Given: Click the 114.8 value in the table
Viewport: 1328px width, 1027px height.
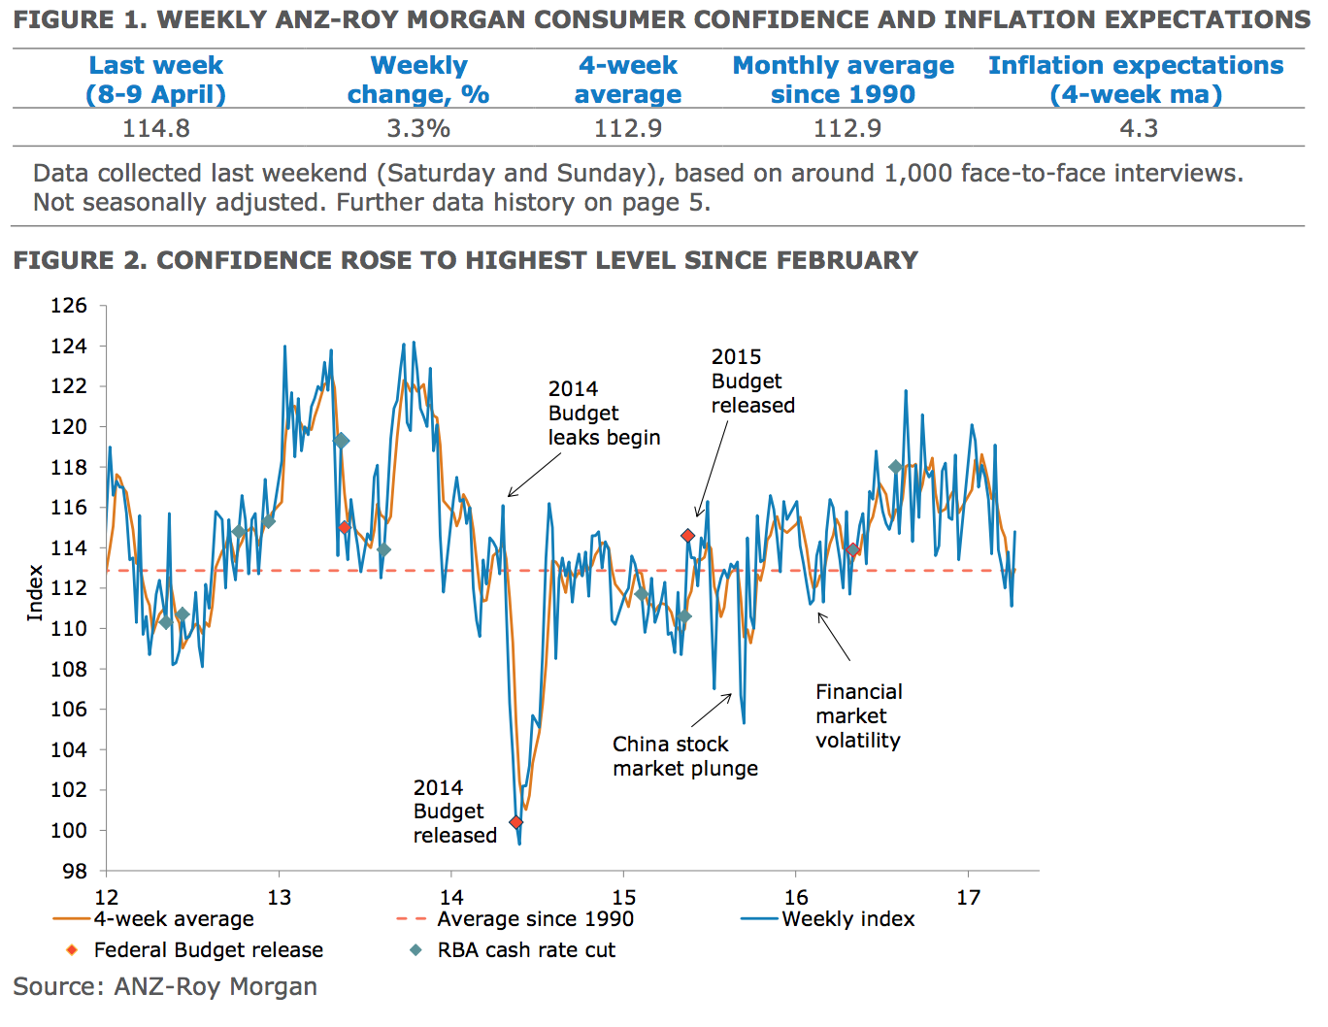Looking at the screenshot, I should tap(156, 128).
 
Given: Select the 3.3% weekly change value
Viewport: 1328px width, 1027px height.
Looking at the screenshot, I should tap(418, 128).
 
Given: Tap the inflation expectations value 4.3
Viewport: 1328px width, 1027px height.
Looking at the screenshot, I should tap(1139, 128).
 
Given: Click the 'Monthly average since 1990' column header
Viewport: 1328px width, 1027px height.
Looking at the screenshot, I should tap(843, 80).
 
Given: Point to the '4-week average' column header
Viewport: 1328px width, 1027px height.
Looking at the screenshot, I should tap(628, 80).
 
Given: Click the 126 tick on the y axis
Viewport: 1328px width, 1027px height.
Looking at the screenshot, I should tap(69, 306).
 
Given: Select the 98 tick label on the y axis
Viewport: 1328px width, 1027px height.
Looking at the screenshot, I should tap(74, 871).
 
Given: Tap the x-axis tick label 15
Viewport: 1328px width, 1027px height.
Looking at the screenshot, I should tap(624, 898).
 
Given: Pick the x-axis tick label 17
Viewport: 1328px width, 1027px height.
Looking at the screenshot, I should tap(968, 898).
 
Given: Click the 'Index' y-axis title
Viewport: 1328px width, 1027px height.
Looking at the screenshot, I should tap(35, 592).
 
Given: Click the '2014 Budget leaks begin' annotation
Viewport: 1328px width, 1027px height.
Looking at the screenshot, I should tap(604, 414).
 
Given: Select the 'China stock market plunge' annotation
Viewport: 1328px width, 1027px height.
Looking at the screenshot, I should tap(685, 756).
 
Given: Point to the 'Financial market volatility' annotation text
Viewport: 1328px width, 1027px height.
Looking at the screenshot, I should tap(858, 716).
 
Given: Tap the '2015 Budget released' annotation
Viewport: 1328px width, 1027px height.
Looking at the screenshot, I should tap(752, 381).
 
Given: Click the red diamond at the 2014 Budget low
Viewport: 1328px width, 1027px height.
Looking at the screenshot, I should tap(516, 822).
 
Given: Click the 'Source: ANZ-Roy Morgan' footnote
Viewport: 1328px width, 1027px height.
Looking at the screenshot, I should tap(165, 987).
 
